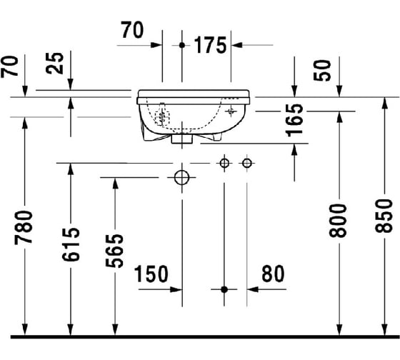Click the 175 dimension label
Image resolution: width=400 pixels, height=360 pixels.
[x=210, y=45]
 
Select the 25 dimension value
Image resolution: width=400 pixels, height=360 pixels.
[x=55, y=64]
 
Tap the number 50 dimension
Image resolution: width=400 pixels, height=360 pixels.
[x=322, y=71]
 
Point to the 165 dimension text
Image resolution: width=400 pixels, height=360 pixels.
[x=294, y=121]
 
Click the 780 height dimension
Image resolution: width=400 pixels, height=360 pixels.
[x=24, y=228]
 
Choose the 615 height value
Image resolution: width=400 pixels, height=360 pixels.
[x=71, y=244]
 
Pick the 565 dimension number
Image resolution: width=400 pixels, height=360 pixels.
[x=114, y=251]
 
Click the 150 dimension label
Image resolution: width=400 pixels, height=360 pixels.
[x=151, y=274]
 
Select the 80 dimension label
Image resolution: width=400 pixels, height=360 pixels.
[x=273, y=274]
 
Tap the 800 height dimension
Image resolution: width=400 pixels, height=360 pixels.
[x=338, y=221]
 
